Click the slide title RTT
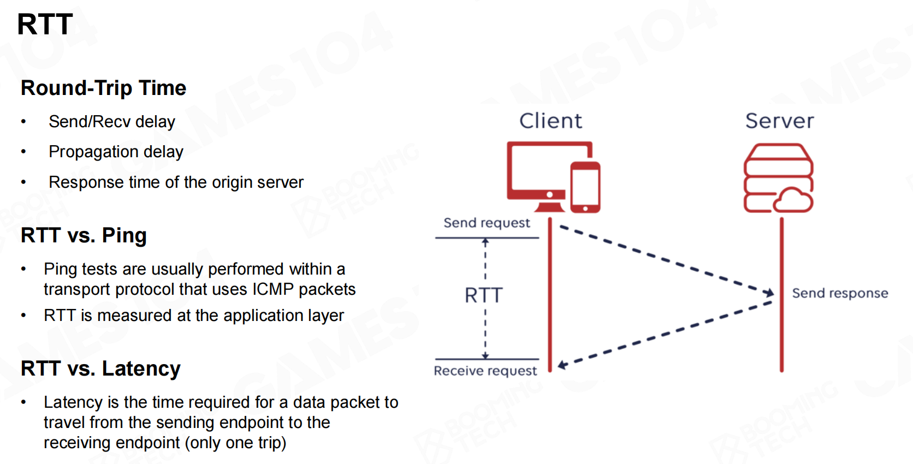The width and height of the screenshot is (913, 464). [x=45, y=25]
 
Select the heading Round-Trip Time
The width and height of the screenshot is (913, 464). [x=103, y=88]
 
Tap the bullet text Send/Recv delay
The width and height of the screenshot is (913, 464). [x=111, y=122]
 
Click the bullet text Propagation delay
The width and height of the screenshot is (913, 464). [x=116, y=152]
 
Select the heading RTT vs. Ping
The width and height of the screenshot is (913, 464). [x=84, y=235]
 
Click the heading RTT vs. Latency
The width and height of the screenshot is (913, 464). [x=100, y=368]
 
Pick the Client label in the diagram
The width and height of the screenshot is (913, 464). [x=550, y=121]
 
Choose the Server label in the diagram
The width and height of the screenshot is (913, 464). [x=779, y=121]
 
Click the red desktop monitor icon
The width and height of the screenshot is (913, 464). [x=541, y=172]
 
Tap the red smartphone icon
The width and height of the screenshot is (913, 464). [x=585, y=187]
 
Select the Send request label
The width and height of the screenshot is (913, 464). [x=487, y=223]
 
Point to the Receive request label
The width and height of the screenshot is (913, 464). [x=485, y=371]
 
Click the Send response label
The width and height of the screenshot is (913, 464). [x=840, y=293]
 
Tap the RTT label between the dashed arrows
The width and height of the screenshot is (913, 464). [x=483, y=295]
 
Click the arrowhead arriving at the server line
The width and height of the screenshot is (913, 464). [x=769, y=293]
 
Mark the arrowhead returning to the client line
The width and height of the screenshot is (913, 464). [x=562, y=365]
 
